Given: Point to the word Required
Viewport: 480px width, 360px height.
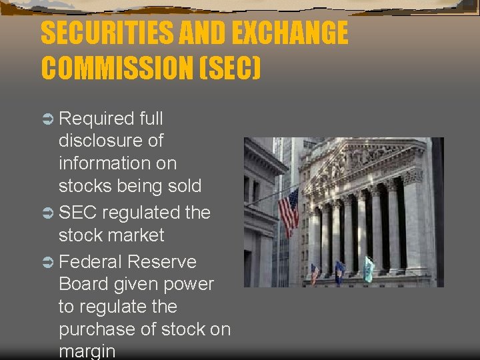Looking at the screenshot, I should [97, 119].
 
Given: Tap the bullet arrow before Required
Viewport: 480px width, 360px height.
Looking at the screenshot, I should [48, 119].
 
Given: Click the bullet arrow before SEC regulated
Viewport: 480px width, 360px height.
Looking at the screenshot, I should [48, 213].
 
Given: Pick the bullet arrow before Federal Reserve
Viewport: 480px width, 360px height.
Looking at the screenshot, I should [48, 262].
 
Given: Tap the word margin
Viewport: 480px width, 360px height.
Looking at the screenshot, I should [87, 351].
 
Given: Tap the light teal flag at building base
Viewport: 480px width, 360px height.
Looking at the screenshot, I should [369, 269].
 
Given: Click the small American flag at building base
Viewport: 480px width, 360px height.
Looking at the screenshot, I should [315, 273].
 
